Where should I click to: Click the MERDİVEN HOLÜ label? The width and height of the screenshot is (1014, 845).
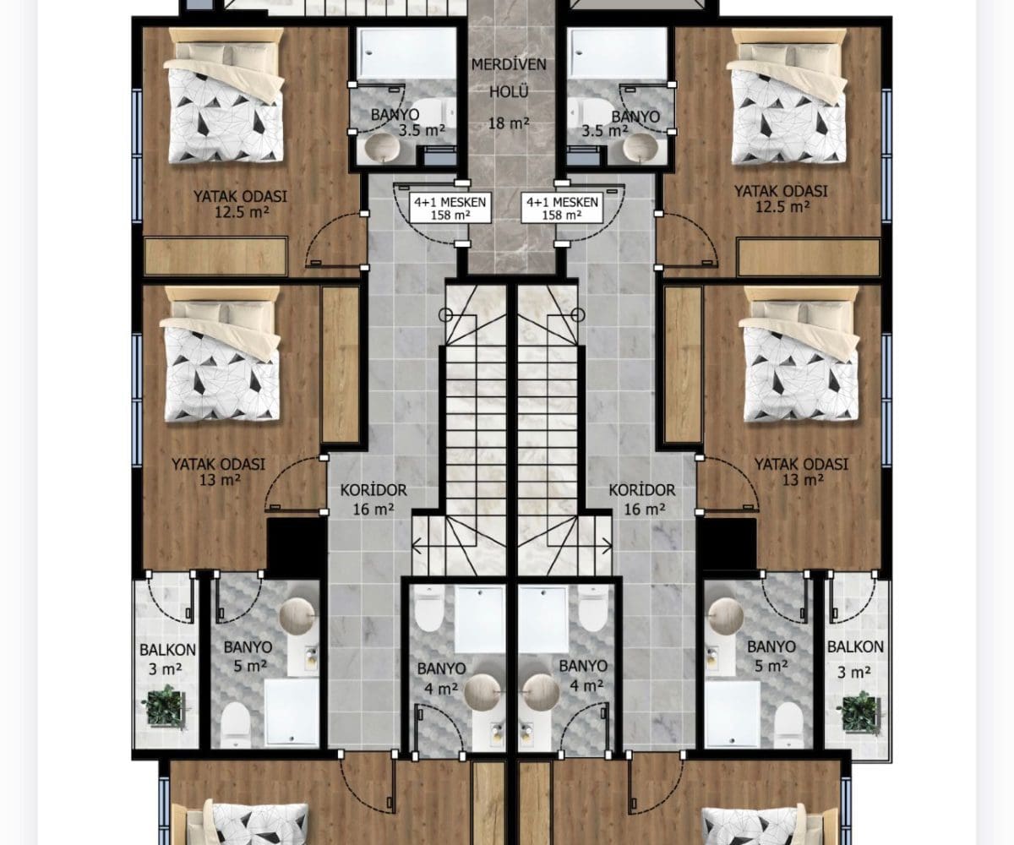point(509,78)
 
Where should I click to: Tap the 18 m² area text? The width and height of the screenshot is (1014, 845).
point(509,123)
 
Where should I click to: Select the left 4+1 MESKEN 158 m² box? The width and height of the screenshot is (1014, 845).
point(450,209)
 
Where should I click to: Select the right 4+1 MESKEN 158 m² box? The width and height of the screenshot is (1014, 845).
point(563,209)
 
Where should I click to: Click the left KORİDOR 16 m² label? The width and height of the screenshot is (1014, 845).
point(373,499)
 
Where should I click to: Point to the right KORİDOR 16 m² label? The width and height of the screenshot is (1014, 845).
point(642,499)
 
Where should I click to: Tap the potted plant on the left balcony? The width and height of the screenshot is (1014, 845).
point(166,706)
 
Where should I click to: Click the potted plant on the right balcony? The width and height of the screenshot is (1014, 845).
point(860,713)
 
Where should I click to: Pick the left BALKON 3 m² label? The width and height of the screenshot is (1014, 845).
point(167,659)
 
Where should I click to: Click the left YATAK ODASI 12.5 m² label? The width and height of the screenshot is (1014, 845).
point(240,204)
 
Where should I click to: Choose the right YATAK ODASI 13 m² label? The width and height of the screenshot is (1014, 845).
point(801,472)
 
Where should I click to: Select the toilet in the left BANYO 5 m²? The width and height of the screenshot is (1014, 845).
point(236,724)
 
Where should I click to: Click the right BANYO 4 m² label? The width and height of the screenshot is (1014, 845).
point(583,675)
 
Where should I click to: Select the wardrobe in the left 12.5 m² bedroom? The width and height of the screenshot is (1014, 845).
point(215,256)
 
